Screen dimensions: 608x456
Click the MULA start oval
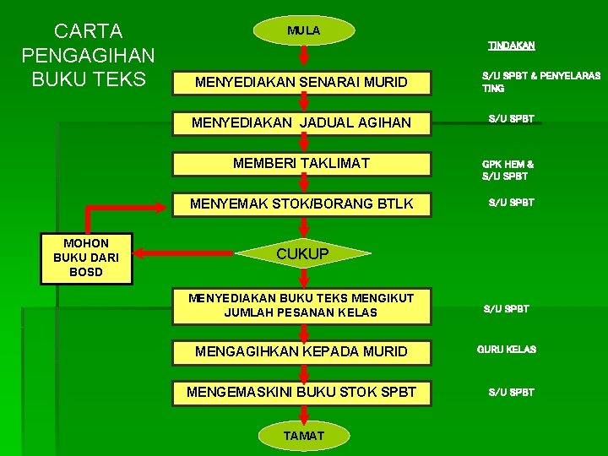[303, 30]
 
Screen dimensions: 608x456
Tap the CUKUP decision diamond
[302, 253]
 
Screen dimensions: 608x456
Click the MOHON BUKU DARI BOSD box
[86, 258]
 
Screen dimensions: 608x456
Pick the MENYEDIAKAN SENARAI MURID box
[301, 83]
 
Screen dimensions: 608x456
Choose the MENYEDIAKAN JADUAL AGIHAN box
[301, 122]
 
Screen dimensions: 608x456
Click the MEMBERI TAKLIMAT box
[301, 163]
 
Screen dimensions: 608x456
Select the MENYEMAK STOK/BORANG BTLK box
[301, 204]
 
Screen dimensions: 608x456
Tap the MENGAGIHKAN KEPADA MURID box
[301, 350]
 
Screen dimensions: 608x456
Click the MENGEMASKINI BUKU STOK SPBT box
[301, 392]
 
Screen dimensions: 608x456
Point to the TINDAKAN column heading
[512, 45]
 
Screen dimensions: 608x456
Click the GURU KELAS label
[507, 349]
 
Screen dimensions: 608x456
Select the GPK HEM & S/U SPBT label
[508, 170]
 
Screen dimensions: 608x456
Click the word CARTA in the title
[88, 32]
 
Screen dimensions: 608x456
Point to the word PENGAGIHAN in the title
[88, 56]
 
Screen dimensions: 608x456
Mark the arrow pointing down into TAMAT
[303, 414]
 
